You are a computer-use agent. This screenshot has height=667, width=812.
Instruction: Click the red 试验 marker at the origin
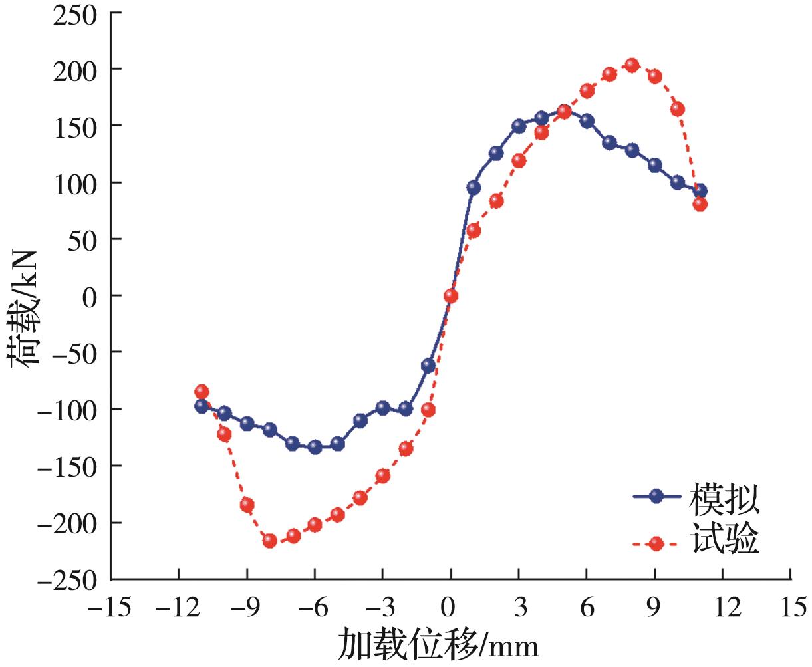click(x=451, y=296)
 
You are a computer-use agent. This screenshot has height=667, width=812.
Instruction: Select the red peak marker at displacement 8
click(x=632, y=65)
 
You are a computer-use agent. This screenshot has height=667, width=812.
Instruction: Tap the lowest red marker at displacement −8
click(x=269, y=541)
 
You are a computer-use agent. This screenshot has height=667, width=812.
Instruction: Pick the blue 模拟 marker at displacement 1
click(x=474, y=188)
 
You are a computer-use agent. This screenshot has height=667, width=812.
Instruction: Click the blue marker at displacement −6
click(x=315, y=447)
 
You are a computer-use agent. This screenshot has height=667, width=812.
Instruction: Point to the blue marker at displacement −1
click(x=428, y=365)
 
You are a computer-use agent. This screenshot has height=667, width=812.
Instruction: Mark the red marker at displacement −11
click(x=202, y=391)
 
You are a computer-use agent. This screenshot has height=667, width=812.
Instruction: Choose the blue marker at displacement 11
click(x=700, y=191)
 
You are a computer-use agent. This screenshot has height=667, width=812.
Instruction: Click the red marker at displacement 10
click(x=677, y=109)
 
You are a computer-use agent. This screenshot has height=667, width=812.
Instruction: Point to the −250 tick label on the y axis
click(x=67, y=579)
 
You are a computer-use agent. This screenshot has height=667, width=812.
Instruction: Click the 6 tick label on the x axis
click(x=586, y=608)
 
